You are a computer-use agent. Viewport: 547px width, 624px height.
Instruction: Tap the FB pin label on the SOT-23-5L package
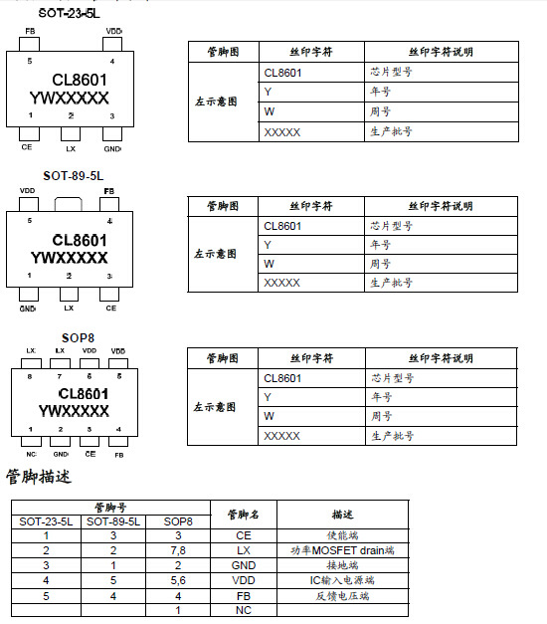(30, 33)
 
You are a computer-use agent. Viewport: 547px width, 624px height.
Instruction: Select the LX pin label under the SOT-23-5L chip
(70, 148)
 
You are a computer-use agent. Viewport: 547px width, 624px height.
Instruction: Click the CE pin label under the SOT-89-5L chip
(110, 308)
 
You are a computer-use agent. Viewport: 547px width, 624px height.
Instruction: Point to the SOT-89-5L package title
(73, 175)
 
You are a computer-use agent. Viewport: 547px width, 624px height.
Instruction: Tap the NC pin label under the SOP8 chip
(30, 454)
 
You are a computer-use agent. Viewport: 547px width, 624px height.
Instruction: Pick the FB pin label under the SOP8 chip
(118, 454)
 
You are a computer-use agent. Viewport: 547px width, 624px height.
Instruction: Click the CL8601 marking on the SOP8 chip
(73, 394)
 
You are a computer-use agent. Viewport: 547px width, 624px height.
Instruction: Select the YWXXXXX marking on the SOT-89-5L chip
(69, 258)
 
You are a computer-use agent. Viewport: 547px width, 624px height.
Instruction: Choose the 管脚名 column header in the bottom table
(244, 515)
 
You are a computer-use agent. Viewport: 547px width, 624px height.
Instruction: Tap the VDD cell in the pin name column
(244, 580)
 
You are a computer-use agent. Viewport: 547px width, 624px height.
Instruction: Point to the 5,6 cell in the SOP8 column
(177, 580)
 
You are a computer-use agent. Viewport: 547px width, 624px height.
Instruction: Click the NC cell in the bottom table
(244, 610)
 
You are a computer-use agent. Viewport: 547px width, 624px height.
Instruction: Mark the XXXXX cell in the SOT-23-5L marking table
(282, 131)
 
